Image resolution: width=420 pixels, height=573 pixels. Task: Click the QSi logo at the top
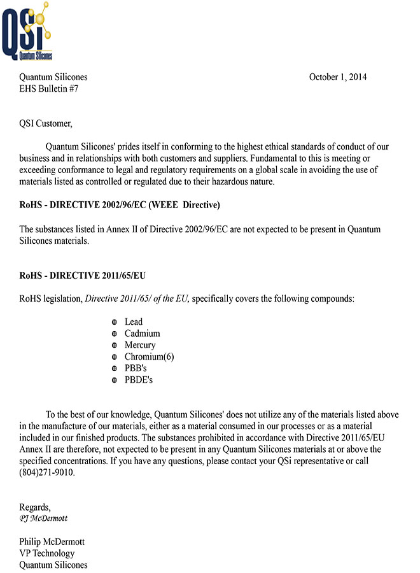click(27, 32)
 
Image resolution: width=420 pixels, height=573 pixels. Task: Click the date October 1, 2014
click(337, 78)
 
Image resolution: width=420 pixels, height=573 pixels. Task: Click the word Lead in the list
click(134, 322)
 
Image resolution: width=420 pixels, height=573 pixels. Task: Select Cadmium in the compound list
click(142, 334)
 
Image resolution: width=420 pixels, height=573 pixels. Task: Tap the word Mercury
click(140, 345)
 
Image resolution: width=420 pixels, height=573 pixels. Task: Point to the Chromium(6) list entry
click(149, 357)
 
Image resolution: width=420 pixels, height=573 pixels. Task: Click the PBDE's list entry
click(139, 380)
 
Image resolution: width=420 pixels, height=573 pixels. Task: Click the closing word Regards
click(35, 507)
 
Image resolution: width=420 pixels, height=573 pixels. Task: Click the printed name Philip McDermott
click(52, 542)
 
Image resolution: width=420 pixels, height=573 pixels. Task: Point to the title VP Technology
click(47, 553)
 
